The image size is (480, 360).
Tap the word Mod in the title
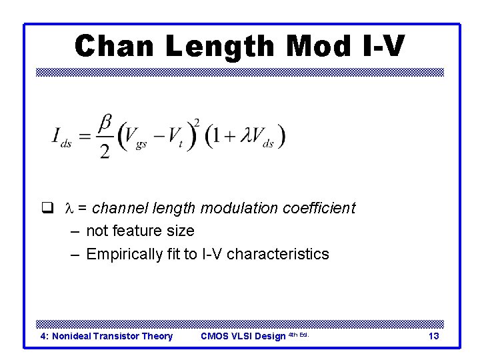(319, 46)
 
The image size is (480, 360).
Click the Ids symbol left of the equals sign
(61, 137)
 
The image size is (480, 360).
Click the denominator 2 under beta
(105, 151)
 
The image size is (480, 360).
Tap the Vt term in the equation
(175, 138)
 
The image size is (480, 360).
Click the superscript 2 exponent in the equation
(196, 122)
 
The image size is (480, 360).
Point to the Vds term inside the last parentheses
(262, 138)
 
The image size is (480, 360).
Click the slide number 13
(433, 336)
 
